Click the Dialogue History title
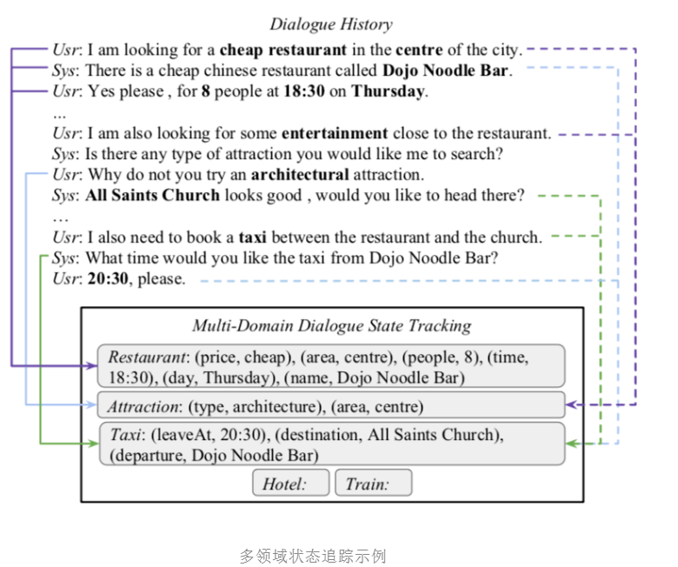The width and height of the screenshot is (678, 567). [330, 24]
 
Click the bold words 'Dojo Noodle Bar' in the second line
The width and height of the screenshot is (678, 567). [446, 70]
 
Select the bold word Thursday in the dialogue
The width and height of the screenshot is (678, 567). [389, 91]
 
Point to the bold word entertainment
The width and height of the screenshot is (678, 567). [334, 134]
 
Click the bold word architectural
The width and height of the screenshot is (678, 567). [300, 175]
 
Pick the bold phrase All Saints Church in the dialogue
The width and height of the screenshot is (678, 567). [152, 196]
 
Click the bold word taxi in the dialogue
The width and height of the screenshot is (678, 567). [252, 237]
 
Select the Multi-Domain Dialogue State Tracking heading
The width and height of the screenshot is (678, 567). [331, 326]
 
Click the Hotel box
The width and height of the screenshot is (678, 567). [290, 484]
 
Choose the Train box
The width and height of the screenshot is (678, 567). [373, 484]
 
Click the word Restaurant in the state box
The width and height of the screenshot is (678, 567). [145, 357]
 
